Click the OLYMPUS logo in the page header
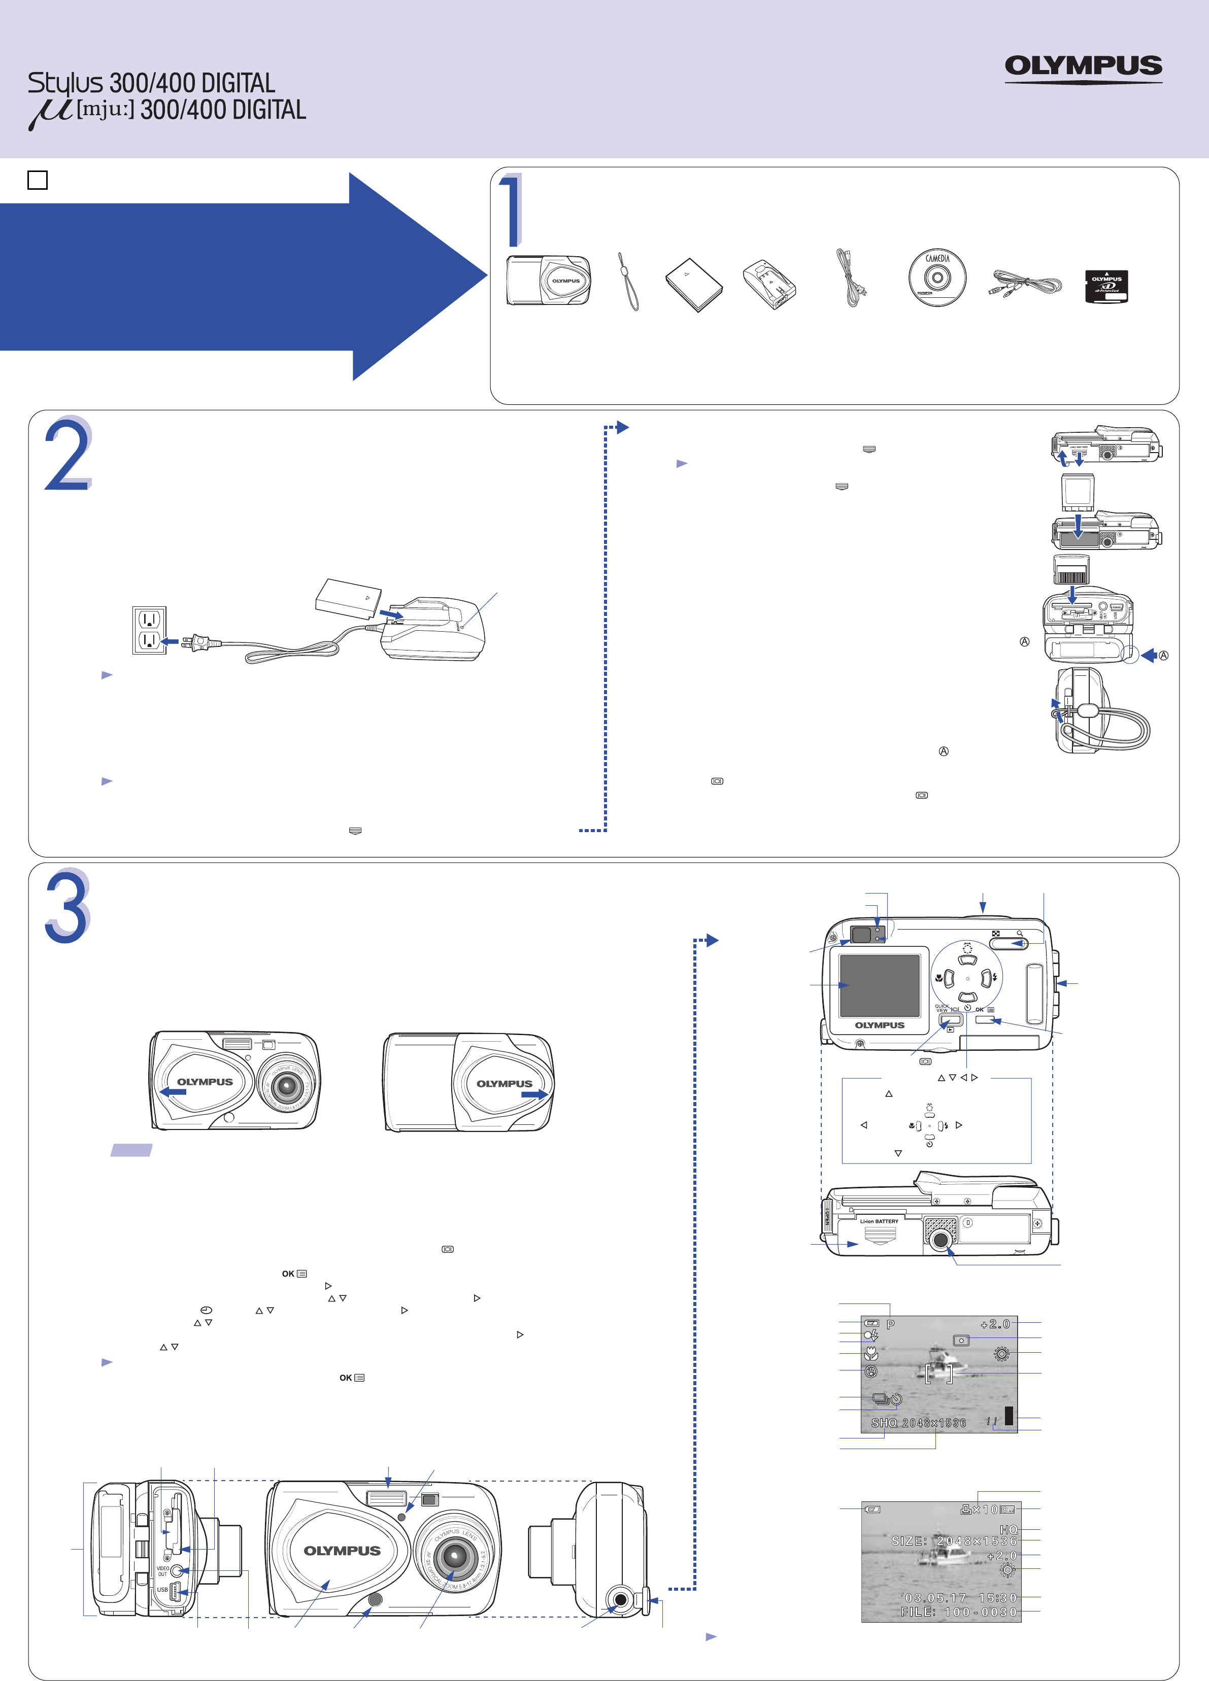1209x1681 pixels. [1083, 67]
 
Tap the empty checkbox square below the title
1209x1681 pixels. [37, 180]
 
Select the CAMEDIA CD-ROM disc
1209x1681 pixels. [937, 278]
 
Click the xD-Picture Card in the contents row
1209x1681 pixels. [1106, 285]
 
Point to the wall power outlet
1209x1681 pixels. [149, 630]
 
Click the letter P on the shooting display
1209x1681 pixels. [890, 1324]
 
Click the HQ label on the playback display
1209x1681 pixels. [1008, 1530]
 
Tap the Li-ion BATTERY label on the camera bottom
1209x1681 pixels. [879, 1221]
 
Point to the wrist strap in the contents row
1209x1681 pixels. [628, 282]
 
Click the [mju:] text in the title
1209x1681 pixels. [105, 110]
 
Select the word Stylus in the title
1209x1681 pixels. [65, 83]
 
